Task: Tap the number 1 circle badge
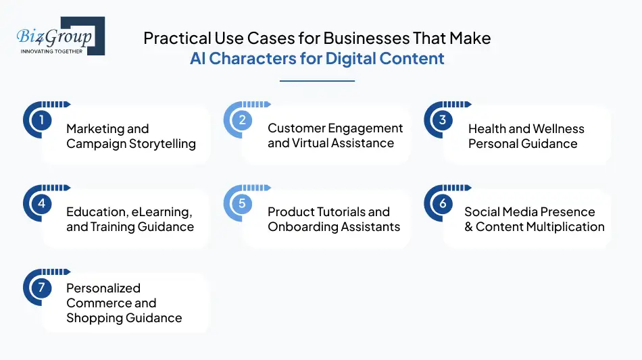tap(41, 121)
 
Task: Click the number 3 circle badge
tap(443, 121)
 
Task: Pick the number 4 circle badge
tap(41, 204)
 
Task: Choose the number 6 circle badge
tap(443, 204)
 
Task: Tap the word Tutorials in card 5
tap(341, 212)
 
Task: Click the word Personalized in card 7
tap(103, 288)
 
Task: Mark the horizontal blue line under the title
tap(317, 81)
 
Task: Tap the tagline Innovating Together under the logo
tap(52, 51)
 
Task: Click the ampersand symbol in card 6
tap(468, 227)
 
